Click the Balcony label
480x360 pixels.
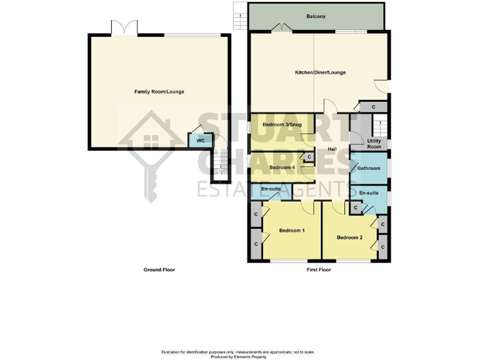click(x=316, y=16)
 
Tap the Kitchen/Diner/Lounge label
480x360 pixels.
click(x=320, y=72)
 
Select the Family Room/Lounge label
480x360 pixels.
click(x=159, y=92)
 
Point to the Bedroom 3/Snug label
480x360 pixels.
click(x=282, y=125)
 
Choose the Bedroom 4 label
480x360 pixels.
click(x=282, y=167)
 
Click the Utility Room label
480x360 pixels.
click(x=374, y=144)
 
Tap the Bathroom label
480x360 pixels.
click(x=369, y=168)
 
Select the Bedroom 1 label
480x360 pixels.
click(x=291, y=231)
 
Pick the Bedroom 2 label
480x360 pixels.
click(x=349, y=237)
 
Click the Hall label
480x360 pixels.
click(x=332, y=149)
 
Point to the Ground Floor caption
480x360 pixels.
click(x=159, y=270)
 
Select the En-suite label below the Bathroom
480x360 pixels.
click(x=369, y=193)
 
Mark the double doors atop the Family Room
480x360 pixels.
click(x=124, y=27)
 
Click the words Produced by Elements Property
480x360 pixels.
click(x=240, y=356)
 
